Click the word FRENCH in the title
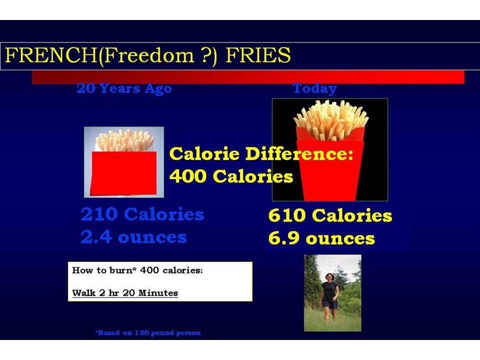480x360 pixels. click(x=51, y=55)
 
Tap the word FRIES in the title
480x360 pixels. click(x=258, y=55)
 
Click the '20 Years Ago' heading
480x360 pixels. click(x=124, y=88)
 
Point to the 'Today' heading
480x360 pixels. click(x=314, y=88)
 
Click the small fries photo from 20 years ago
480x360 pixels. click(x=124, y=162)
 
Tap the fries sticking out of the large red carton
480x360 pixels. click(x=331, y=120)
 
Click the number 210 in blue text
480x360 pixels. click(x=99, y=214)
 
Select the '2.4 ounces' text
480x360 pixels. click(x=134, y=237)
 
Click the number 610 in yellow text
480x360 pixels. click(x=287, y=215)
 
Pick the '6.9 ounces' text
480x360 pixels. click(x=321, y=238)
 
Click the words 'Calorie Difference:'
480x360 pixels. click(x=261, y=153)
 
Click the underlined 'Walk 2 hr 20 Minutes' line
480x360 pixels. click(x=125, y=293)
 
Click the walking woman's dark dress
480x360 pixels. click(x=329, y=295)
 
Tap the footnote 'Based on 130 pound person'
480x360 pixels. click(x=148, y=333)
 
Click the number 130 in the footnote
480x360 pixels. click(x=141, y=333)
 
